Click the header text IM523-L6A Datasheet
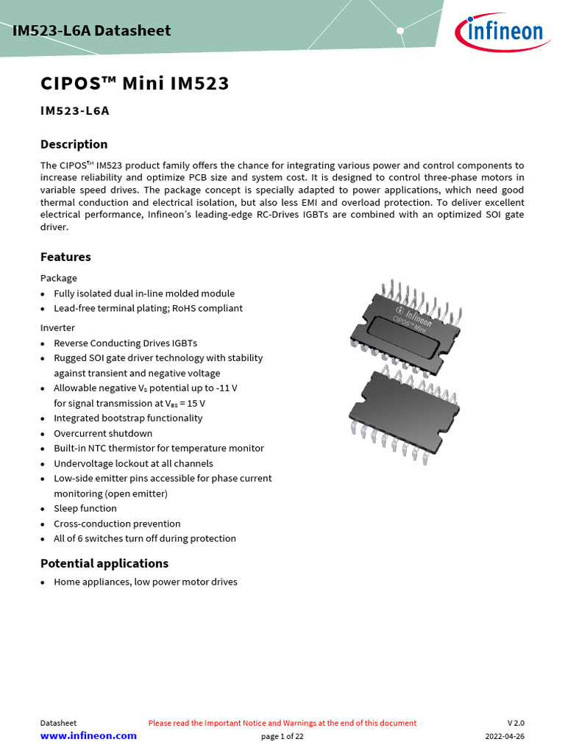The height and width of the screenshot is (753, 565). click(x=91, y=30)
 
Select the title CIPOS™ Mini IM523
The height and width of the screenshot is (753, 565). click(x=135, y=84)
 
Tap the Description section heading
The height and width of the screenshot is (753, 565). click(x=74, y=144)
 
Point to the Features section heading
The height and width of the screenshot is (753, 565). click(x=65, y=257)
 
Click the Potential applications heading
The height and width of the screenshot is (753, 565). click(x=104, y=563)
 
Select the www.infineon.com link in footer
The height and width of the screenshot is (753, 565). click(x=88, y=736)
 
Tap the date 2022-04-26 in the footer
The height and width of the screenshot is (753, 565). click(x=505, y=736)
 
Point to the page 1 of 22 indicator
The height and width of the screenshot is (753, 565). click(x=282, y=736)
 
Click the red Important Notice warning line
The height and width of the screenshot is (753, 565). click(x=282, y=723)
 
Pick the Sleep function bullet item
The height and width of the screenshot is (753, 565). click(x=85, y=508)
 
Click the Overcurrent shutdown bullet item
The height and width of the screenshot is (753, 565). click(x=103, y=433)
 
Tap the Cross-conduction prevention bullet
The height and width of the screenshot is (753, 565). click(x=117, y=524)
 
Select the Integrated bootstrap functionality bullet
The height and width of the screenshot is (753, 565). click(x=128, y=418)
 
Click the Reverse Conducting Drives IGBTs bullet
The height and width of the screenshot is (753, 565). click(x=125, y=343)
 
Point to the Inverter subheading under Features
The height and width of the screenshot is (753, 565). click(x=57, y=327)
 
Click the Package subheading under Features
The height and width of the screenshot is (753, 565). click(x=58, y=278)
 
